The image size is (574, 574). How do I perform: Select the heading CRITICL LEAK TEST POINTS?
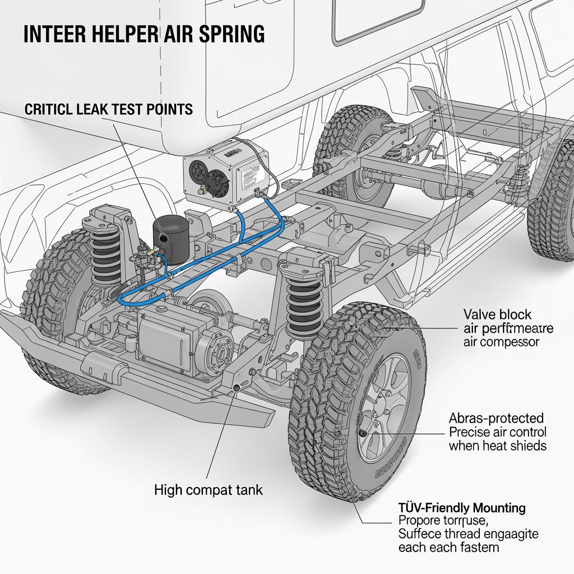pyautogui.click(x=109, y=109)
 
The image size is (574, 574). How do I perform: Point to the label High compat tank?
pyautogui.click(x=209, y=490)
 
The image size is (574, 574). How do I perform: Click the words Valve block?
pyautogui.click(x=497, y=313)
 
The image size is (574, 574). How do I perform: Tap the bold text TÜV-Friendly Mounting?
pyautogui.click(x=462, y=508)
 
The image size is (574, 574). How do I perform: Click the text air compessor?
pyautogui.click(x=501, y=341)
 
